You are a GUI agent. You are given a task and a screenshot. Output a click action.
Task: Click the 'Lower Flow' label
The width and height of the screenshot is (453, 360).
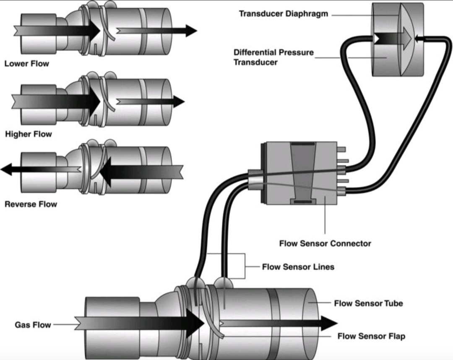26,64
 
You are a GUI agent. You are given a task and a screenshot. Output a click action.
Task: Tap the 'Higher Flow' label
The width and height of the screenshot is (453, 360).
29,134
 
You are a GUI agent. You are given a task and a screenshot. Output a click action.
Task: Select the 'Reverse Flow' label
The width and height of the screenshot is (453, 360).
31,204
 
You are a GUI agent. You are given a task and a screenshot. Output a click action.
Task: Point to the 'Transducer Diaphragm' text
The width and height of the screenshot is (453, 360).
284,14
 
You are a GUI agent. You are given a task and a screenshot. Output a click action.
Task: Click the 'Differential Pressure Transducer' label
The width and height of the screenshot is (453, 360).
273,57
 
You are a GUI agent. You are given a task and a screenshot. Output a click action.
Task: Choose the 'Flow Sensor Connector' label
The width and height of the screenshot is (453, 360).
325,243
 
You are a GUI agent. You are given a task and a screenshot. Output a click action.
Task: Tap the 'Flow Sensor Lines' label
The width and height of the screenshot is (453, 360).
298,267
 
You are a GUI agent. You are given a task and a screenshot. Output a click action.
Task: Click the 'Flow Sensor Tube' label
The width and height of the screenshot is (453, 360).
368,303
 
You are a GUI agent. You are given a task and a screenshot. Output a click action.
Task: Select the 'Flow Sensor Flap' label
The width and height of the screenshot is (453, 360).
371,336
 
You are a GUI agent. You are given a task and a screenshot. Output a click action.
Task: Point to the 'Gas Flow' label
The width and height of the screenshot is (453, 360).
33,325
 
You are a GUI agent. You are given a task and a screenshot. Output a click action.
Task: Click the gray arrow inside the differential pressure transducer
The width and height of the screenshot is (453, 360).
404,38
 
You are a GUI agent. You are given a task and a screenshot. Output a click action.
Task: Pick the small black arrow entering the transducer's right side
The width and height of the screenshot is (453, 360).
418,39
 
